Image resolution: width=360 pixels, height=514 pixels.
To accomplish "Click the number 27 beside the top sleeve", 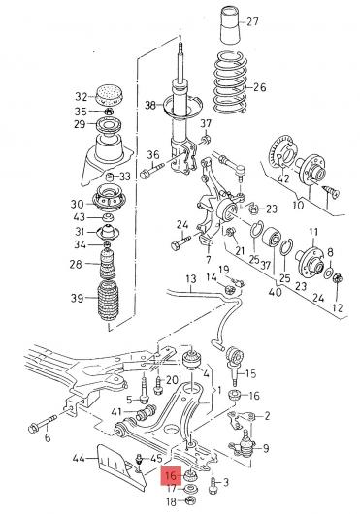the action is (252, 22).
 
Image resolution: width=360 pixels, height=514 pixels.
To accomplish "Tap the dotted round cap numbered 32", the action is (109, 94).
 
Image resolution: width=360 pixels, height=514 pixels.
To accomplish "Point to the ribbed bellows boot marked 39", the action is (109, 301).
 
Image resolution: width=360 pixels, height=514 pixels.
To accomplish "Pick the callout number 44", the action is (79, 458).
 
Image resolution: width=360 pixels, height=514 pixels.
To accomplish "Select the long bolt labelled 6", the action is (43, 423).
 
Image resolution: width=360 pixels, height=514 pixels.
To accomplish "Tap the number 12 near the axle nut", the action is (337, 307).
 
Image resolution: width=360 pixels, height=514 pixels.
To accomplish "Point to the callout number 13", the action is (191, 279).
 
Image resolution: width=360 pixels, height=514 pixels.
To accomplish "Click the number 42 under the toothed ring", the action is (283, 178).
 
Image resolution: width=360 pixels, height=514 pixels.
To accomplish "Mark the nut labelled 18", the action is (190, 500).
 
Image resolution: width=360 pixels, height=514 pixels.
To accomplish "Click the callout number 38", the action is (150, 106).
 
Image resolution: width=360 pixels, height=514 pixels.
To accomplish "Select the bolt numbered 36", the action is (152, 170).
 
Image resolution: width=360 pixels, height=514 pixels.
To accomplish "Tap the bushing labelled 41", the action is (147, 412).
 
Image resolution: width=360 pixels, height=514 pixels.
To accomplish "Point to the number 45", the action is (157, 459).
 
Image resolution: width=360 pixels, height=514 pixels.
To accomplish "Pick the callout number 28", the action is (76, 264).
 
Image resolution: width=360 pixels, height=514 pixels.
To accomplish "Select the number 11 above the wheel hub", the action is (313, 232).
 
